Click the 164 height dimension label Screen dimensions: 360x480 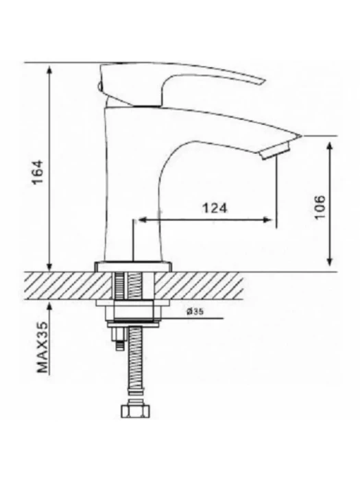coord(39,171)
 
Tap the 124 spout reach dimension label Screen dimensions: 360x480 coord(215,208)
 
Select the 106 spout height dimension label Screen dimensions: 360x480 coord(320,207)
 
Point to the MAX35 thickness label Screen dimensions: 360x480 coord(43,347)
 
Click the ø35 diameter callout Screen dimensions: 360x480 coord(195,311)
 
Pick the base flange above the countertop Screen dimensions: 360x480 coord(134,266)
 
